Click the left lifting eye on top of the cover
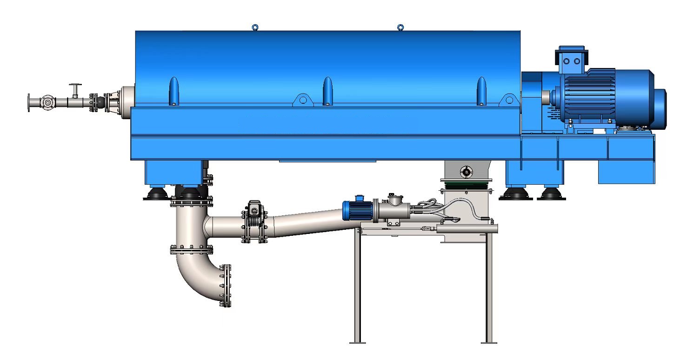pyautogui.click(x=254, y=27)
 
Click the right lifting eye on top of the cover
pyautogui.click(x=400, y=27)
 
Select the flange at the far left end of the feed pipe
pyautogui.click(x=29, y=102)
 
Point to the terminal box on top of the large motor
pyautogui.click(x=572, y=58)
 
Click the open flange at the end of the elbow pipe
pyautogui.click(x=226, y=286)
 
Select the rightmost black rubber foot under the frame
pyautogui.click(x=551, y=194)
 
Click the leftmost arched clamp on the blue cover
pyautogui.click(x=173, y=90)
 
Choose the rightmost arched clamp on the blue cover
pyautogui.click(x=482, y=90)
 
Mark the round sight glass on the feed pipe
pyautogui.click(x=47, y=102)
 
